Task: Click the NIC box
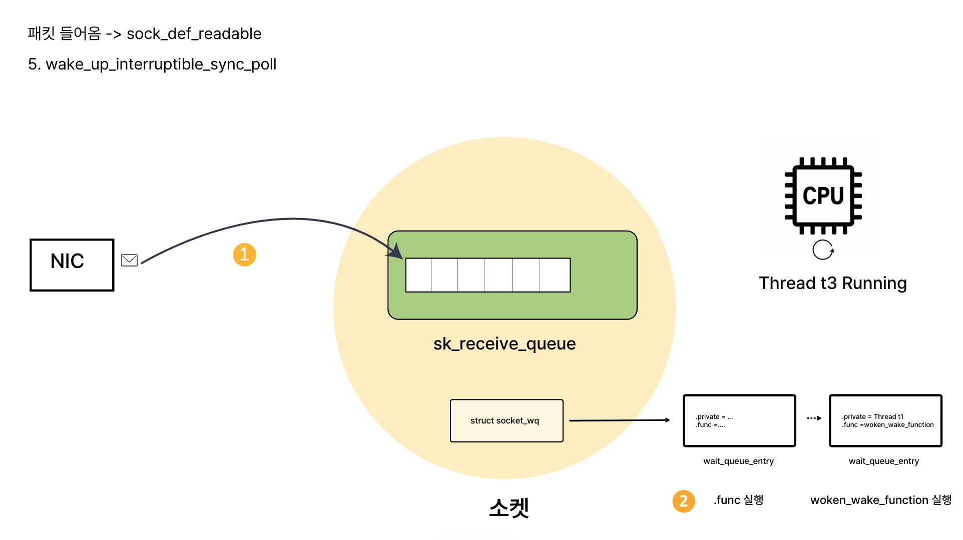point(72,265)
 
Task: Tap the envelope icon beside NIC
point(129,260)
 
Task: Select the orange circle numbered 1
point(244,254)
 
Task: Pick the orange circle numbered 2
point(683,501)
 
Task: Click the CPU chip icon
point(823,195)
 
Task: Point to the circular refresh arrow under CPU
point(823,249)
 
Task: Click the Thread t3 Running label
point(832,283)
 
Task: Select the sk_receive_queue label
point(504,343)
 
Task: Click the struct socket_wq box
point(507,420)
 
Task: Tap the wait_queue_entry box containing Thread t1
point(885,420)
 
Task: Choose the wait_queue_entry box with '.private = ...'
point(739,420)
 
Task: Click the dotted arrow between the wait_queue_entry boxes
point(813,418)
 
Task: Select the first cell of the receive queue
point(418,275)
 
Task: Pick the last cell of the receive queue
point(555,275)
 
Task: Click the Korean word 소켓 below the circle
point(509,507)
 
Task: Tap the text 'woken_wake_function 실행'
point(880,500)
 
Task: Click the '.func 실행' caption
point(738,500)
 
